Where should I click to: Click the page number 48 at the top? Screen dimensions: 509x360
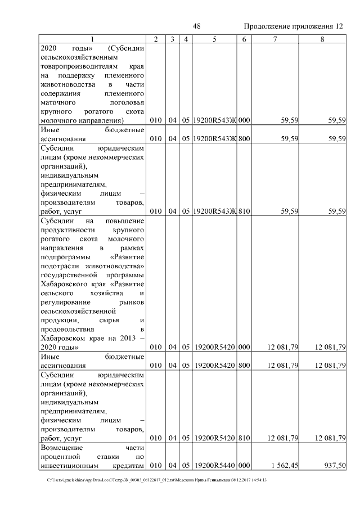click(196, 26)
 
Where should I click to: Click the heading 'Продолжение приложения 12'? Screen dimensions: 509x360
click(293, 26)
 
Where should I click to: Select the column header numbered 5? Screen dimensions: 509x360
click(214, 38)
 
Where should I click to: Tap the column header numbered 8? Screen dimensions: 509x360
click(322, 38)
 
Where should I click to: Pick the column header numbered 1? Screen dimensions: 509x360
click(92, 38)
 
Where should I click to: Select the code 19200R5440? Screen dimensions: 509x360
click(214, 465)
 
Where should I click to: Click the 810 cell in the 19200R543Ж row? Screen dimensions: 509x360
click(244, 211)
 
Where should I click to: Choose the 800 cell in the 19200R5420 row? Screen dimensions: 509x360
click(244, 366)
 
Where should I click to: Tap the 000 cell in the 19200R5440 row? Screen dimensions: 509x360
click(244, 465)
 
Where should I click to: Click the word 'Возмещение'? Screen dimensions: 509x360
click(61, 447)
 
